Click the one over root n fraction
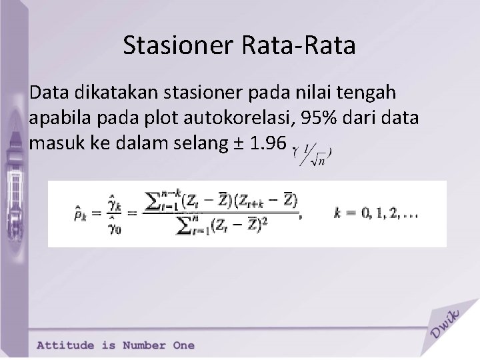click(x=314, y=157)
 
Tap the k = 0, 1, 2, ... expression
click(x=386, y=213)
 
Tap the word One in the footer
click(x=183, y=345)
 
